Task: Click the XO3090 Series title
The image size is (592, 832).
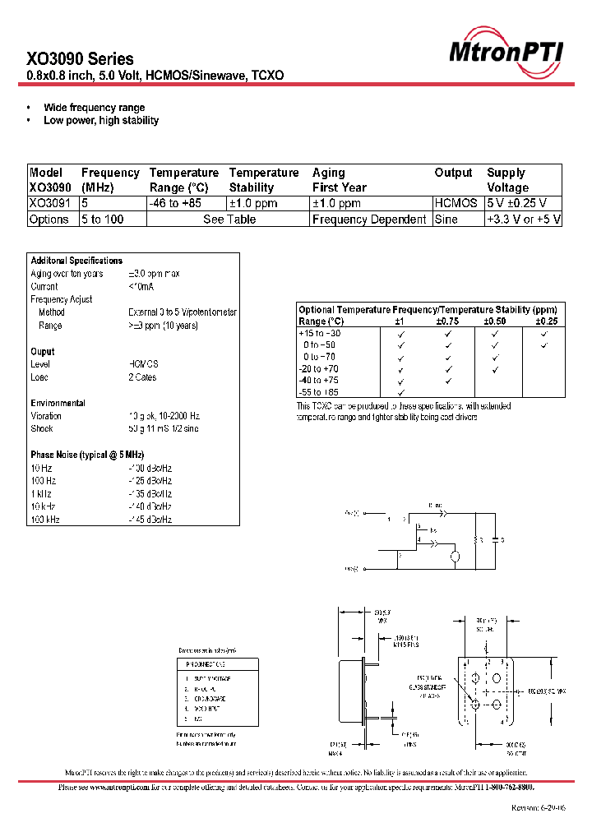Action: pyautogui.click(x=80, y=59)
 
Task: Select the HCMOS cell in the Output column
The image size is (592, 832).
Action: pyautogui.click(x=456, y=203)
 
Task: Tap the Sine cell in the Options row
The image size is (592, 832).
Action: pyautogui.click(x=446, y=220)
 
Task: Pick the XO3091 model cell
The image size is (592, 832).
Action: pyautogui.click(x=49, y=203)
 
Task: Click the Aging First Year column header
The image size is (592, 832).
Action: pyautogui.click(x=340, y=180)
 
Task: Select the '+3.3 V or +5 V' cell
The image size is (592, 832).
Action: pyautogui.click(x=523, y=220)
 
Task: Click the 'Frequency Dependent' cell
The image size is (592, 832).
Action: pyautogui.click(x=369, y=220)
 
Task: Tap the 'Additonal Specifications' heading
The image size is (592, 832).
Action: pyautogui.click(x=76, y=261)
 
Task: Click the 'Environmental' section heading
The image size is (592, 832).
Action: pyautogui.click(x=58, y=403)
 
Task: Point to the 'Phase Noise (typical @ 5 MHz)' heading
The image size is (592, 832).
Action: pyautogui.click(x=87, y=455)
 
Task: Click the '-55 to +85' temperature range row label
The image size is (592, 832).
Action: pyautogui.click(x=319, y=392)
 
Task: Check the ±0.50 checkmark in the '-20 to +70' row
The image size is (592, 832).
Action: pyautogui.click(x=496, y=369)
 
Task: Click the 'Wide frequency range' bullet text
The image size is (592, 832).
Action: pyautogui.click(x=94, y=108)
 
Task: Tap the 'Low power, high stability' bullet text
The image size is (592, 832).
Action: pyautogui.click(x=101, y=121)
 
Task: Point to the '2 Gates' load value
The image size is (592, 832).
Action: pyautogui.click(x=142, y=377)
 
